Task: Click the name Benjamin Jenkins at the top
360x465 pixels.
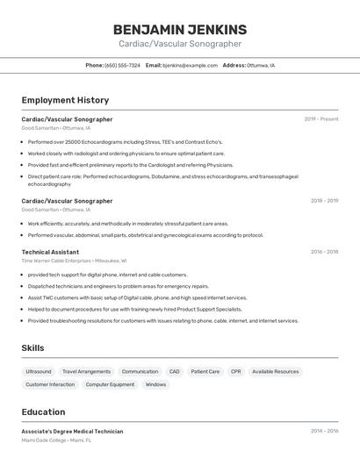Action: [x=180, y=29]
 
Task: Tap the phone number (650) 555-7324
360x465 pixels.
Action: [x=122, y=65]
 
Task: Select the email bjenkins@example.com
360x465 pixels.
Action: [x=190, y=65]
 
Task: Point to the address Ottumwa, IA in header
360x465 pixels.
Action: [x=261, y=65]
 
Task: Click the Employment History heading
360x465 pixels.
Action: [x=65, y=100]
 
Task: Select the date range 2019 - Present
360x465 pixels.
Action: [x=321, y=119]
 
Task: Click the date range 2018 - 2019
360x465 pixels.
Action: [x=324, y=201]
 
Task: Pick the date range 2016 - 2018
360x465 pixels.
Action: [x=324, y=252]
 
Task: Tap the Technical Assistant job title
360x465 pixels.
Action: [x=50, y=252]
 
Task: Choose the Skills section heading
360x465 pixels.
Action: [x=32, y=348]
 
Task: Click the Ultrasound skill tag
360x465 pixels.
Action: [x=39, y=371]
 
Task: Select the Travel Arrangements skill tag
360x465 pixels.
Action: [x=86, y=371]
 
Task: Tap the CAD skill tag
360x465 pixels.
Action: [x=174, y=371]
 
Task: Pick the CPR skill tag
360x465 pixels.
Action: [x=235, y=371]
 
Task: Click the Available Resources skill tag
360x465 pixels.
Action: [x=276, y=371]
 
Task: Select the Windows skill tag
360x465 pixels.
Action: [x=155, y=384]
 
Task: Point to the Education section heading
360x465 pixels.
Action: [x=43, y=412]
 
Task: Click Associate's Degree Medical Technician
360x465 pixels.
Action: [x=72, y=432]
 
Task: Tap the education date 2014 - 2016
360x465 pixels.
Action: [x=324, y=432]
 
